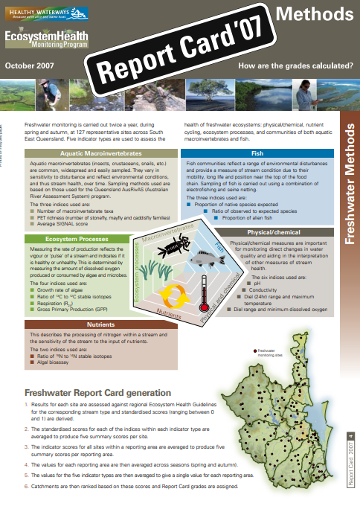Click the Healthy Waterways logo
point(46,12)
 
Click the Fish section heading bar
point(257,153)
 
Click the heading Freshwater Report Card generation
point(97,392)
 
